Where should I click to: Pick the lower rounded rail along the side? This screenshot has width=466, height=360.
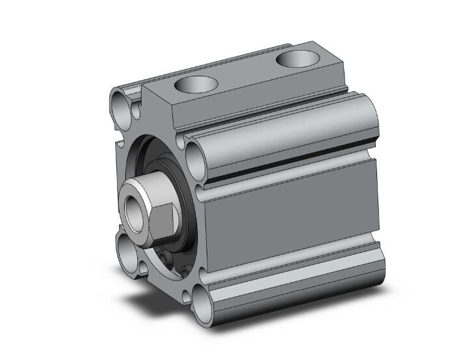(x=288, y=275)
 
